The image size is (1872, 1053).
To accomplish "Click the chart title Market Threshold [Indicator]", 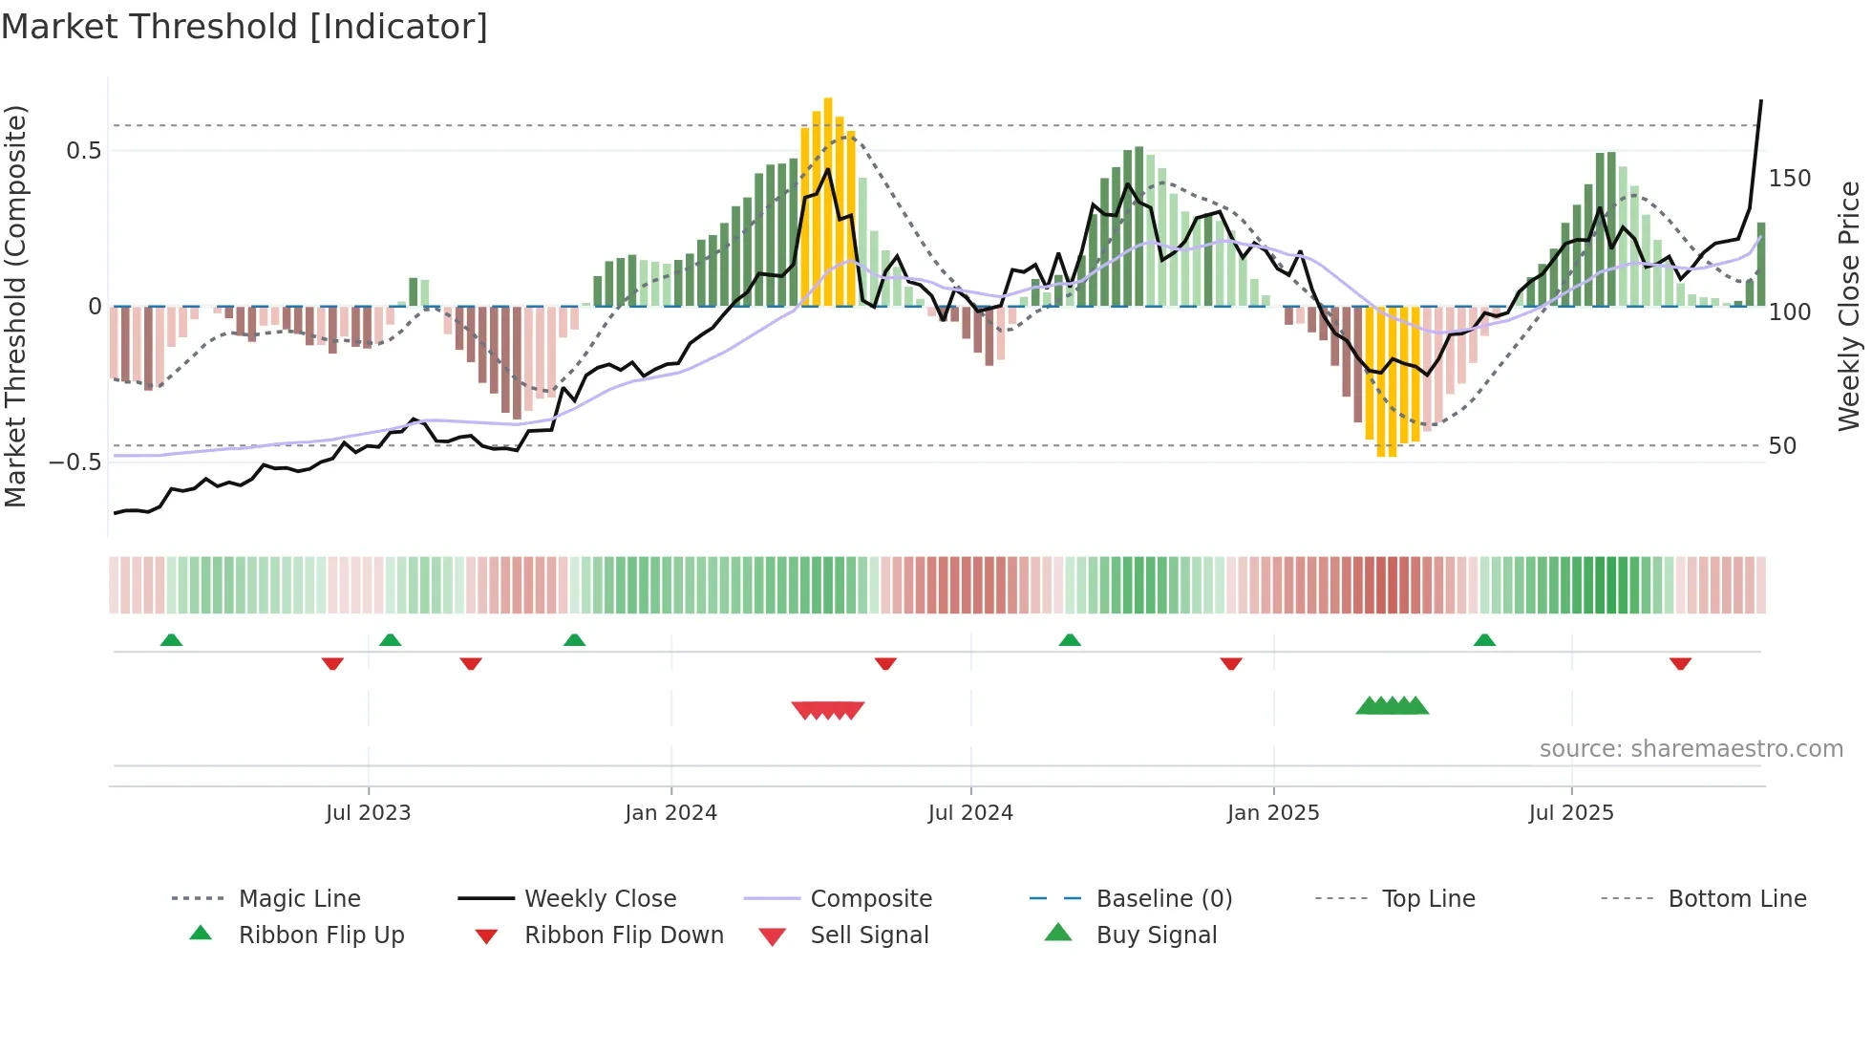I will [x=245, y=27].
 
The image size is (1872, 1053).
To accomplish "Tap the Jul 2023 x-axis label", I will [x=368, y=813].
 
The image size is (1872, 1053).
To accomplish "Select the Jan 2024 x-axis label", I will [x=670, y=813].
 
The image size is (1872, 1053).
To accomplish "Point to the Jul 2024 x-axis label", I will [x=970, y=813].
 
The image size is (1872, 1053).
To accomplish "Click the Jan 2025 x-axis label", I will [x=1273, y=813].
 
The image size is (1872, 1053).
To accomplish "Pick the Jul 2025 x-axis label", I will [x=1571, y=813].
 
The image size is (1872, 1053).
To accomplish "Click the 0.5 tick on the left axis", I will [x=83, y=151].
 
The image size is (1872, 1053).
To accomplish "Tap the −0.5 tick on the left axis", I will [x=74, y=462].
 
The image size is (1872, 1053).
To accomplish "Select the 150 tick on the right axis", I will [x=1789, y=179].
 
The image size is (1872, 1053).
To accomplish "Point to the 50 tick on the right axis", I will [x=1782, y=446].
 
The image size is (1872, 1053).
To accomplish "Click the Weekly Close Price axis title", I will [x=1849, y=306].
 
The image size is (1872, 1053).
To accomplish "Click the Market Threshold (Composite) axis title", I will [x=15, y=306].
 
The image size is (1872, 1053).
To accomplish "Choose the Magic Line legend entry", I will [x=299, y=899].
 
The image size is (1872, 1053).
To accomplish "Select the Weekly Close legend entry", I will [x=600, y=899].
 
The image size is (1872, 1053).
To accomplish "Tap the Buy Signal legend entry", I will [x=1156, y=935].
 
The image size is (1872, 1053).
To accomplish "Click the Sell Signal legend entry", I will [x=869, y=935].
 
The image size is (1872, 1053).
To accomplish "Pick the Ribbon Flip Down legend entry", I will [x=624, y=935].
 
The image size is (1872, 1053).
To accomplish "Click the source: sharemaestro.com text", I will [x=1691, y=749].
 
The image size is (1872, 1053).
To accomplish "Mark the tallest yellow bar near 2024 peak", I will [x=828, y=201].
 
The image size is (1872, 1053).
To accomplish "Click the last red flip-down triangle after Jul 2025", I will [x=1680, y=663].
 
